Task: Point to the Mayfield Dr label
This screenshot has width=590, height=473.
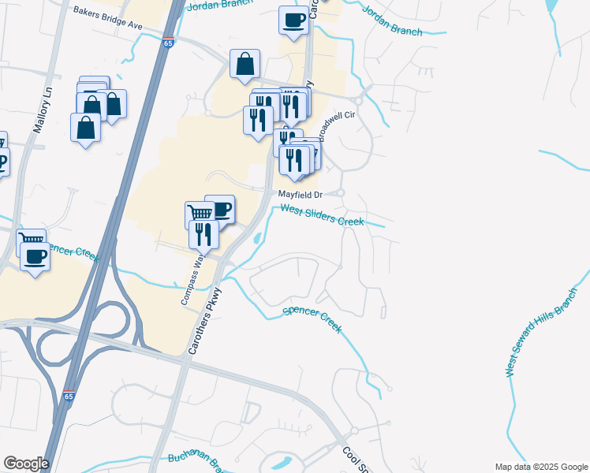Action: tap(300, 194)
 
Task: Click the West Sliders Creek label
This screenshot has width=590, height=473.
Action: tap(323, 215)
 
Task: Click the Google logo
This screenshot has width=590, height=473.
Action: tap(26, 464)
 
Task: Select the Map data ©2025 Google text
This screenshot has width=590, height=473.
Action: tap(541, 467)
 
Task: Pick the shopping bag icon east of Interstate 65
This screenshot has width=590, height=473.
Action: tap(245, 63)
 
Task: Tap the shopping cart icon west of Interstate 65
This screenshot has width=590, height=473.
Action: tap(32, 240)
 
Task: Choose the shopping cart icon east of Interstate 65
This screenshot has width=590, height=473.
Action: tap(200, 212)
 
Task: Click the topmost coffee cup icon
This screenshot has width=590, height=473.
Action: tap(293, 20)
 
